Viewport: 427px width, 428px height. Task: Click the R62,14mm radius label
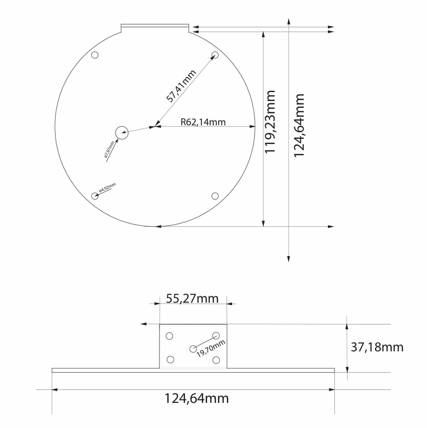pyautogui.click(x=203, y=122)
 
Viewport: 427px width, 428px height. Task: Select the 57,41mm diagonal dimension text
pyautogui.click(x=181, y=86)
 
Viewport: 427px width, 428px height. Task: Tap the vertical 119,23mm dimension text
pyautogui.click(x=270, y=122)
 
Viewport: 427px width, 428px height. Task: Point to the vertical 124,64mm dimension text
pyautogui.click(x=299, y=125)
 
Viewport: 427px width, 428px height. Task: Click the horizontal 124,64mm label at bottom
pyautogui.click(x=197, y=398)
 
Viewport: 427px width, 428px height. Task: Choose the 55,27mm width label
pyautogui.click(x=192, y=298)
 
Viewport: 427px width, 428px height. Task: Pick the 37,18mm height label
pyautogui.click(x=377, y=347)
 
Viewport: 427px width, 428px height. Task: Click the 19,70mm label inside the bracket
pyautogui.click(x=211, y=348)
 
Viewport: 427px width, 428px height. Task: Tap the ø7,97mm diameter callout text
pyautogui.click(x=109, y=151)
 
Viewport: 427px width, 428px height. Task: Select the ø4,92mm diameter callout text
pyautogui.click(x=107, y=188)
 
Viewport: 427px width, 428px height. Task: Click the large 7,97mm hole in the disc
pyautogui.click(x=121, y=133)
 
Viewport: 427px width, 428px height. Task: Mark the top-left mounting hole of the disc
pyautogui.click(x=95, y=55)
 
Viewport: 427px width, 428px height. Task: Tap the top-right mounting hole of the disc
pyautogui.click(x=215, y=55)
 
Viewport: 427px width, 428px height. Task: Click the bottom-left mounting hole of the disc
pyautogui.click(x=95, y=196)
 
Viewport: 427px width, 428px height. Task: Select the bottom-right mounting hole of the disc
pyautogui.click(x=215, y=196)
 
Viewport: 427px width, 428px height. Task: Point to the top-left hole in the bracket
pyautogui.click(x=169, y=336)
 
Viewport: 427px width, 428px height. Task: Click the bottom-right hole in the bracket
pyautogui.click(x=216, y=360)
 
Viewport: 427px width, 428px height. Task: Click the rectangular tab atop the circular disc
pyautogui.click(x=155, y=28)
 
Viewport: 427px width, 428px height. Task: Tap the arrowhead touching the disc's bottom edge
pyautogui.click(x=158, y=227)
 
